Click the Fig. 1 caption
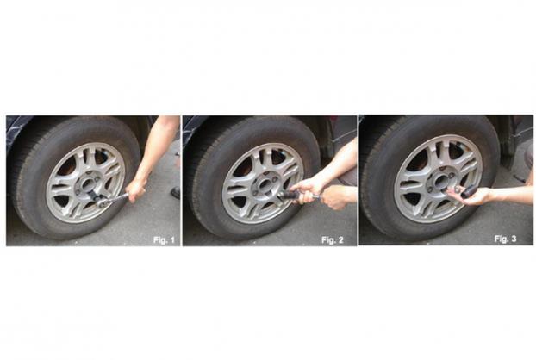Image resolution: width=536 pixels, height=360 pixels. point(164,239)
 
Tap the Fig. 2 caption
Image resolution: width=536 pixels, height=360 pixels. point(333,239)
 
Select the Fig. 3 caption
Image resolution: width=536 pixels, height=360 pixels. point(505,239)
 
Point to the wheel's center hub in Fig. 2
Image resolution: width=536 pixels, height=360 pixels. point(263,183)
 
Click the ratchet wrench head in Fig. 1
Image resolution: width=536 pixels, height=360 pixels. point(103,203)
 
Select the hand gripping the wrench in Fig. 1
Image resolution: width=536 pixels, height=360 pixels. point(136,189)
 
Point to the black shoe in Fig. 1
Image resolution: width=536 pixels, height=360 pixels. point(176,193)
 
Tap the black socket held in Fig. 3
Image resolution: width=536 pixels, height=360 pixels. point(468,191)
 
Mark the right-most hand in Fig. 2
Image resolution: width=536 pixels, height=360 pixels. point(337,197)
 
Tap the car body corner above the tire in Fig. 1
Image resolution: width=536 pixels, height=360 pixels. point(16,128)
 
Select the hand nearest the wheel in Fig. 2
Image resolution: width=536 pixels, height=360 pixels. point(305,190)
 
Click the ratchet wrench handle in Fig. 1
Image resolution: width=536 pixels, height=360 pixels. point(118,198)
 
